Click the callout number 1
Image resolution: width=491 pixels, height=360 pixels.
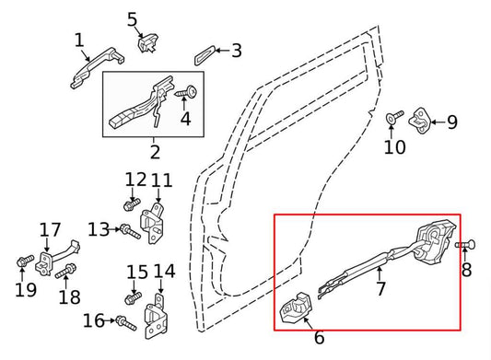[x=79, y=40]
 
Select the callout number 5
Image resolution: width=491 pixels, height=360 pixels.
[x=132, y=17]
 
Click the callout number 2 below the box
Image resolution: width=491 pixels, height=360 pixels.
[x=154, y=152]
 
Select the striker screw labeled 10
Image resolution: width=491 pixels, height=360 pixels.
[x=392, y=117]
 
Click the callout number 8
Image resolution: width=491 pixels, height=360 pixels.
[x=466, y=270]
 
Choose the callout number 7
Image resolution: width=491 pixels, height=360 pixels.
[x=380, y=289]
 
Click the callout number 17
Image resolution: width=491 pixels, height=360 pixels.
[x=50, y=229]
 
